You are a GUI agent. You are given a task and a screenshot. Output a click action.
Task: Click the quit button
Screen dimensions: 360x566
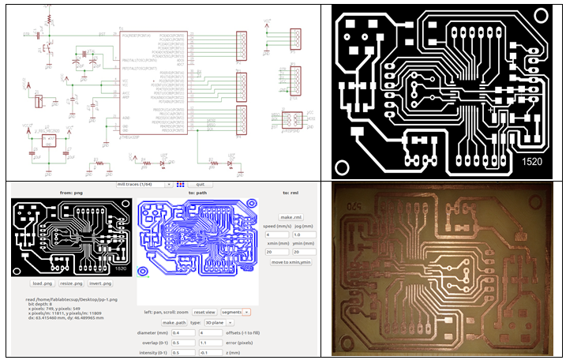201,184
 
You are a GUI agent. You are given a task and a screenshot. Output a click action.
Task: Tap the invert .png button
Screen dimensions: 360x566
111,282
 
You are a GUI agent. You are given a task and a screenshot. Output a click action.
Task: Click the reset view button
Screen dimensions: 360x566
205,311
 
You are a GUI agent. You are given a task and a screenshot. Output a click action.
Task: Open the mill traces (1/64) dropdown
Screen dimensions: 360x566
144,184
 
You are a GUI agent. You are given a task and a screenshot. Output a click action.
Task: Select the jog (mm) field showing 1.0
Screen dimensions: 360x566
302,234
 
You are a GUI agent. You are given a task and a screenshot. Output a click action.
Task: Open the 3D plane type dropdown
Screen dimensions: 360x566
219,323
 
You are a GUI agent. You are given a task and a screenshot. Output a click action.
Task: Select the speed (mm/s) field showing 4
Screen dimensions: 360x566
276,234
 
